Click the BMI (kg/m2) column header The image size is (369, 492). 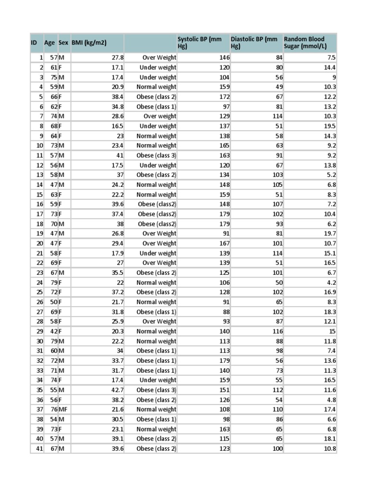click(89, 43)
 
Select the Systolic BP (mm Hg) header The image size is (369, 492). click(199, 43)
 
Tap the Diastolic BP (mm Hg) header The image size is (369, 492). click(254, 43)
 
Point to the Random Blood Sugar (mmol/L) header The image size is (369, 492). click(304, 43)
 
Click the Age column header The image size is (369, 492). click(49, 43)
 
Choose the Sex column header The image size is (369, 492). click(63, 43)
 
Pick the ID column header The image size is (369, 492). click(34, 43)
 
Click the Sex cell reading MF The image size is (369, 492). click(63, 409)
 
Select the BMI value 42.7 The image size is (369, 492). click(117, 390)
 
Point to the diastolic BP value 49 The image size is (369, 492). click(279, 87)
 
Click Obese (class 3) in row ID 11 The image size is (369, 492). click(156, 156)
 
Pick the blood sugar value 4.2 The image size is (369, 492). click(332, 283)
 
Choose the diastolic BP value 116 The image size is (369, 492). click(277, 332)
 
